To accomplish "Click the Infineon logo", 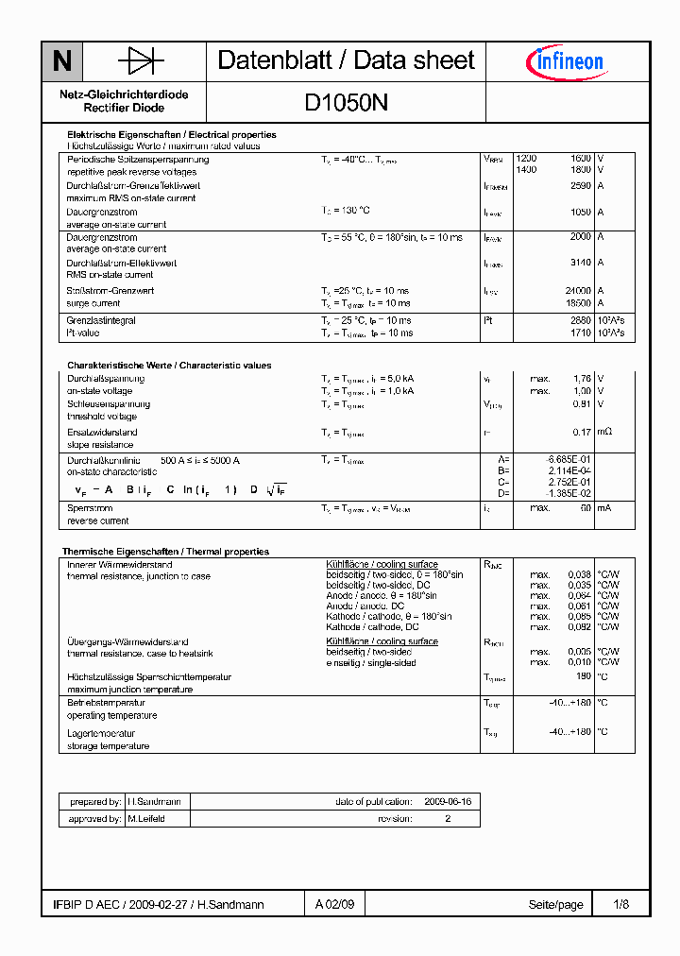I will [564, 62].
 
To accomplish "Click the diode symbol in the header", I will [141, 62].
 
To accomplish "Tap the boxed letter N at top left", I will [62, 62].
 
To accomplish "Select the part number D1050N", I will [346, 102].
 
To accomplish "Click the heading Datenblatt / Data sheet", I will [346, 60].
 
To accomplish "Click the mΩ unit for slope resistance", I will [605, 433].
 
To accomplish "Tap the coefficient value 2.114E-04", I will [571, 469].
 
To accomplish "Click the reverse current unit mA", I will [603, 508].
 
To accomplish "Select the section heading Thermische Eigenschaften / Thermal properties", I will [165, 552].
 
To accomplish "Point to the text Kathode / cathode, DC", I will [372, 627].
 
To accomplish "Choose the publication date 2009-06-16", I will [448, 801].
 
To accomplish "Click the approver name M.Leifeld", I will [146, 819].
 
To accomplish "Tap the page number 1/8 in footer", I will [620, 904].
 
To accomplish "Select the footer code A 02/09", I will [335, 904].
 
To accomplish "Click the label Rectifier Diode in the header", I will [124, 108].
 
